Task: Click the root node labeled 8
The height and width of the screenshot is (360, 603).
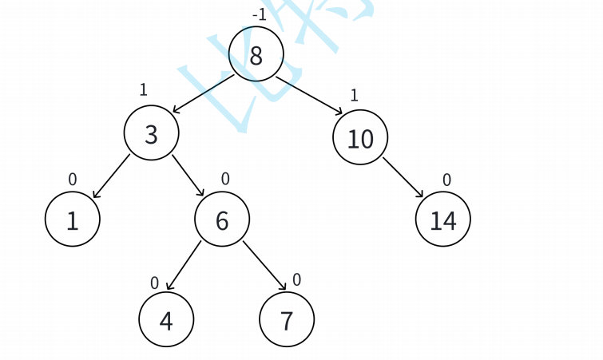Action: (256, 54)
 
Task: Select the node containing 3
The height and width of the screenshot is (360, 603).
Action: (151, 134)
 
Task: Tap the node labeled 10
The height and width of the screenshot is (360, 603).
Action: (360, 138)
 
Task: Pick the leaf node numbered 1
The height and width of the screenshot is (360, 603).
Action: (72, 220)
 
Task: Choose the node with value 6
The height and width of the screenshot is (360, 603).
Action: (222, 220)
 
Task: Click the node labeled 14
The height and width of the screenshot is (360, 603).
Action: (442, 220)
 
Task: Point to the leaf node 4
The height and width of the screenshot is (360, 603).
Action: (166, 319)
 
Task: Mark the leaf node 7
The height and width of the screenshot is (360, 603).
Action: (287, 319)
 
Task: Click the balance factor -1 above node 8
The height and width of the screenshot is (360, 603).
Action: (259, 14)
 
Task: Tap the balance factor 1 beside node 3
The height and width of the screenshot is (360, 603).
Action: (143, 89)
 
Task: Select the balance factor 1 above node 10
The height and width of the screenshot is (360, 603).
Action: (354, 95)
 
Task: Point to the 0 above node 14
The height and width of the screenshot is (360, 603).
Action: (446, 180)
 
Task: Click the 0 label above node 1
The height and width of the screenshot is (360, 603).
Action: (73, 180)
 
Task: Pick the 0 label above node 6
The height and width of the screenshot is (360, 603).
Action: (225, 179)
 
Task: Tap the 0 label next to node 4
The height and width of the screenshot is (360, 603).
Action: (155, 283)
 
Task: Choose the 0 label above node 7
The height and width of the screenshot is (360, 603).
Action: (296, 279)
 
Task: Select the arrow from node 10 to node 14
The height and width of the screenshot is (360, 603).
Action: (403, 177)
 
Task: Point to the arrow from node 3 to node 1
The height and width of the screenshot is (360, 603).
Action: (110, 176)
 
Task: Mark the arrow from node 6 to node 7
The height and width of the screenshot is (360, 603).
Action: (264, 265)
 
